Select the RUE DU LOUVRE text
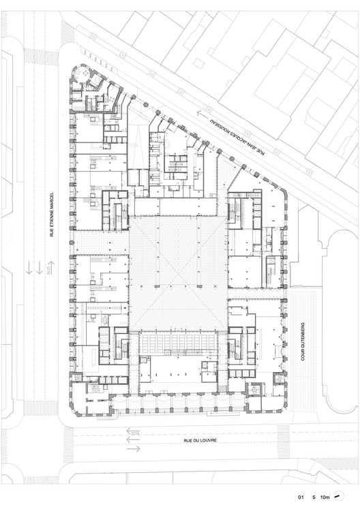click(201, 442)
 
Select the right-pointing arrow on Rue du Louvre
click(134, 448)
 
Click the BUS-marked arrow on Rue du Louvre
click(134, 431)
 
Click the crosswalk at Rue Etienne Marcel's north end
click(41, 55)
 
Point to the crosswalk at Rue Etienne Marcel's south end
click(41, 408)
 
